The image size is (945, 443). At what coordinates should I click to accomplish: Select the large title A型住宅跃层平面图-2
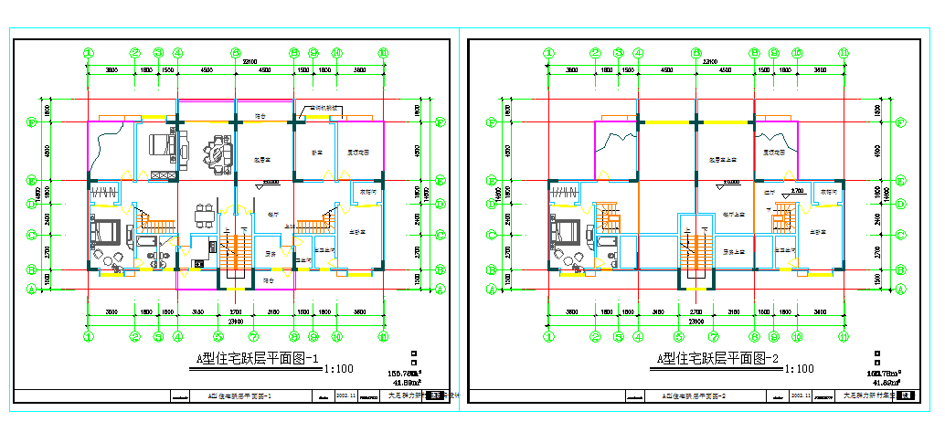tap(717, 359)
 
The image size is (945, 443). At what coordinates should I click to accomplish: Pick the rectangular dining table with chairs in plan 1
tap(205, 216)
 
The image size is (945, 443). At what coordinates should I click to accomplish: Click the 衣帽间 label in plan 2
tap(828, 192)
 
